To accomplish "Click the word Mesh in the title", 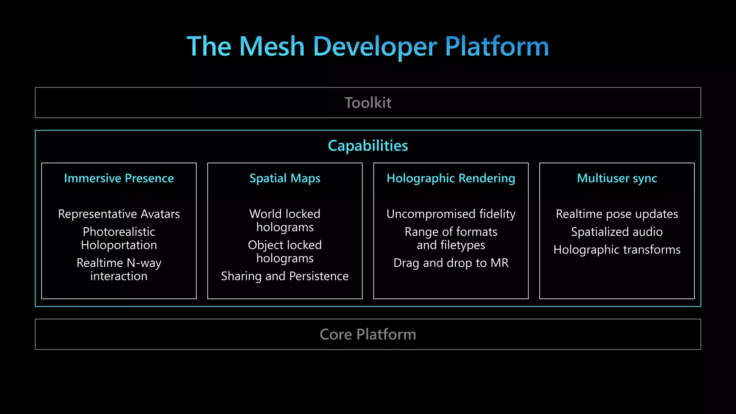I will click(x=272, y=46).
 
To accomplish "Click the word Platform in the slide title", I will click(x=497, y=46).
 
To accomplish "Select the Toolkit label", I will click(x=368, y=103).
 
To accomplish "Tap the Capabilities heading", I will click(x=368, y=146).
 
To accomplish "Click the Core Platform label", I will click(x=368, y=334).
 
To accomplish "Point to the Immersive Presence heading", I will click(x=119, y=178).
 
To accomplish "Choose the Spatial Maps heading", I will click(x=285, y=178).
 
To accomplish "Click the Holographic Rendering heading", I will click(x=451, y=178).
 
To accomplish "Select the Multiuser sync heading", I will click(x=617, y=178).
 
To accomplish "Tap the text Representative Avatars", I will click(x=119, y=214).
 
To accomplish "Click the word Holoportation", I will click(x=119, y=245).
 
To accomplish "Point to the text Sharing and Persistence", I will click(x=285, y=276).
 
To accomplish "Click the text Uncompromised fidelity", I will click(x=451, y=214).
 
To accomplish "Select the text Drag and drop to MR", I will click(x=451, y=263).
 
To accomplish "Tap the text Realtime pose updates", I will click(x=617, y=214).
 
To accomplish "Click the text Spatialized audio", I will click(x=617, y=232).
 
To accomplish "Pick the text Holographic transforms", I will click(x=617, y=249).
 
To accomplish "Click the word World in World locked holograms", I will click(x=265, y=214).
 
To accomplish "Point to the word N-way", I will click(x=144, y=263).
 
